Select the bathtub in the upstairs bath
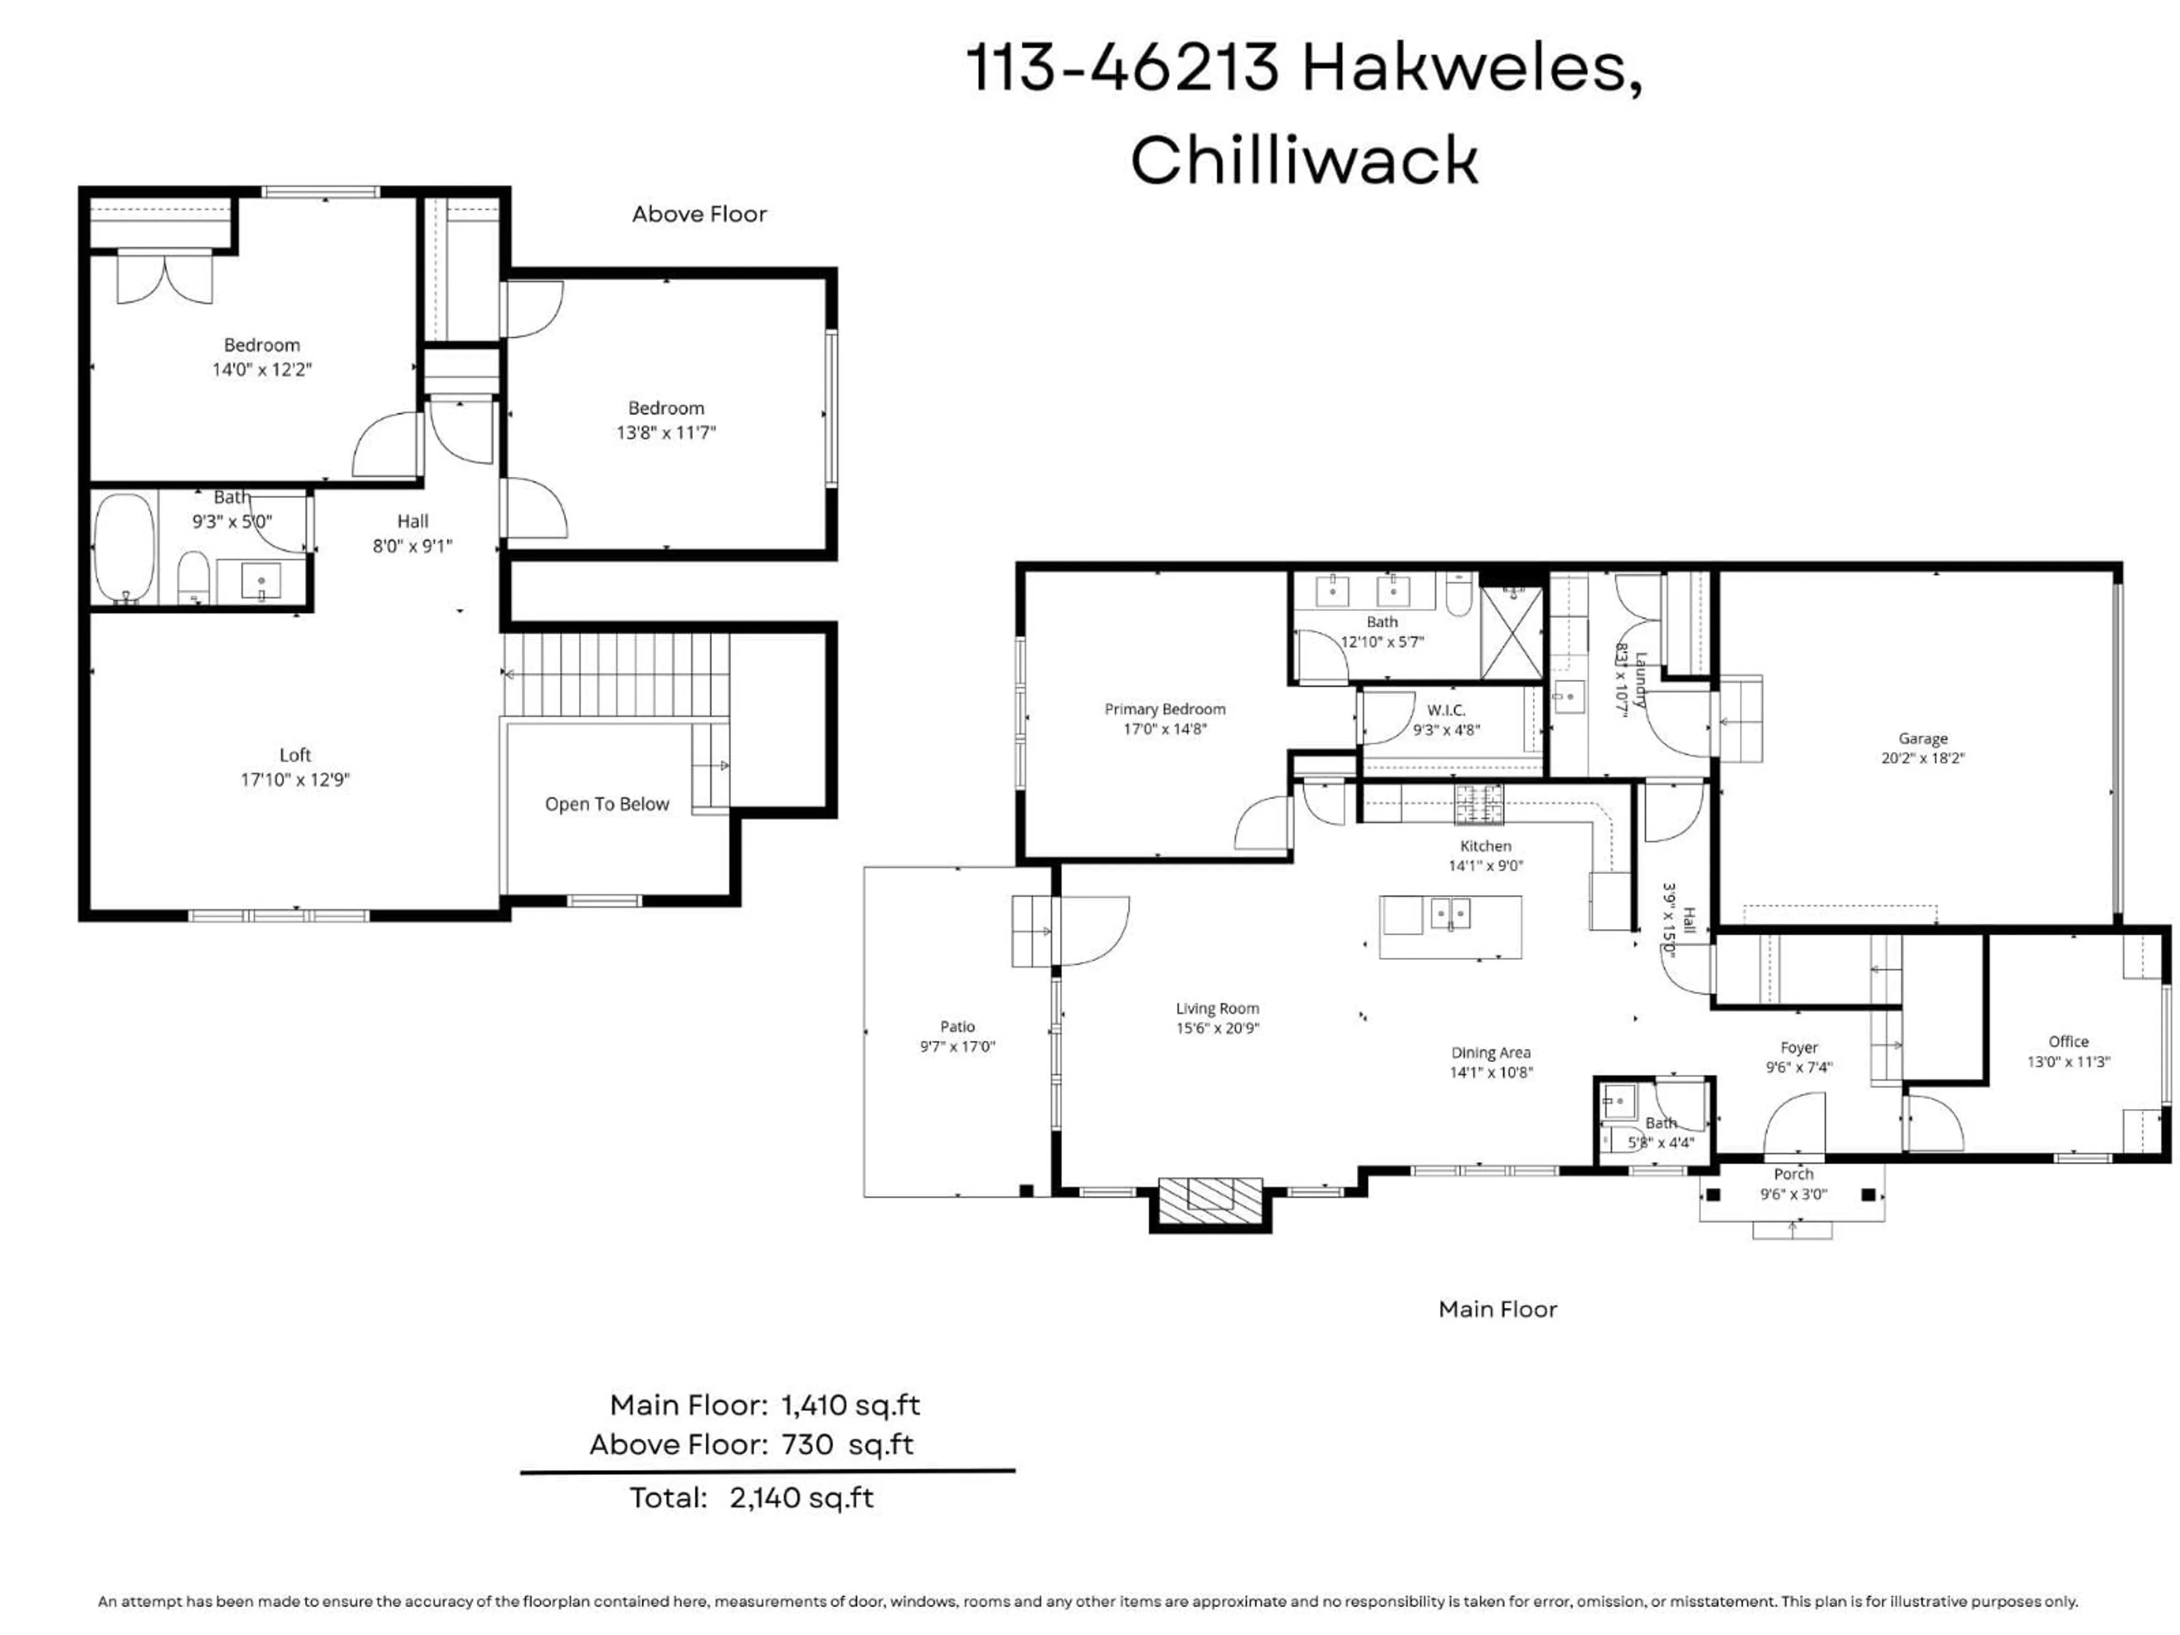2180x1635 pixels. (124, 548)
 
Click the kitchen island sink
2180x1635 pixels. (1450, 913)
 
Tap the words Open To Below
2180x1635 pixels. (606, 804)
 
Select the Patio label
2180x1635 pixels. (957, 1027)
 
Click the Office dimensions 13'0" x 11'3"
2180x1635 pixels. (2068, 1062)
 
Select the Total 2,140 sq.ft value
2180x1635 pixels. (801, 1498)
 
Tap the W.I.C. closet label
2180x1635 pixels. (1446, 710)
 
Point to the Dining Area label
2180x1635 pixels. (1490, 1053)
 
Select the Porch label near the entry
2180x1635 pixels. (1793, 1174)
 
